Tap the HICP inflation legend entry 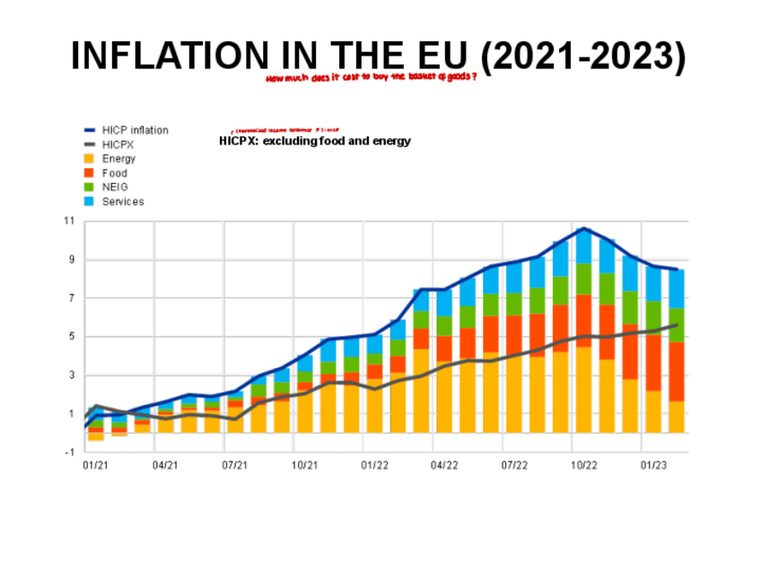(x=135, y=130)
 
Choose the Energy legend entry (x=118, y=159)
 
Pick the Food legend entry (x=114, y=173)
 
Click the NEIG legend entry (x=115, y=188)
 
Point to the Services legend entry (x=122, y=202)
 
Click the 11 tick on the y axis (x=68, y=222)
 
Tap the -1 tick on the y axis (x=69, y=452)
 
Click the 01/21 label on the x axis (x=95, y=466)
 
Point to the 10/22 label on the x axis (x=584, y=466)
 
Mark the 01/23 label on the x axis (x=653, y=466)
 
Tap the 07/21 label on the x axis (x=235, y=466)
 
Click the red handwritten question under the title (x=371, y=78)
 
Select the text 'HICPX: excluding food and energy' (x=315, y=142)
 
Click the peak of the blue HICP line (x=583, y=228)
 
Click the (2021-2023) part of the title (x=583, y=57)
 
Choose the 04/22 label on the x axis (x=444, y=466)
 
